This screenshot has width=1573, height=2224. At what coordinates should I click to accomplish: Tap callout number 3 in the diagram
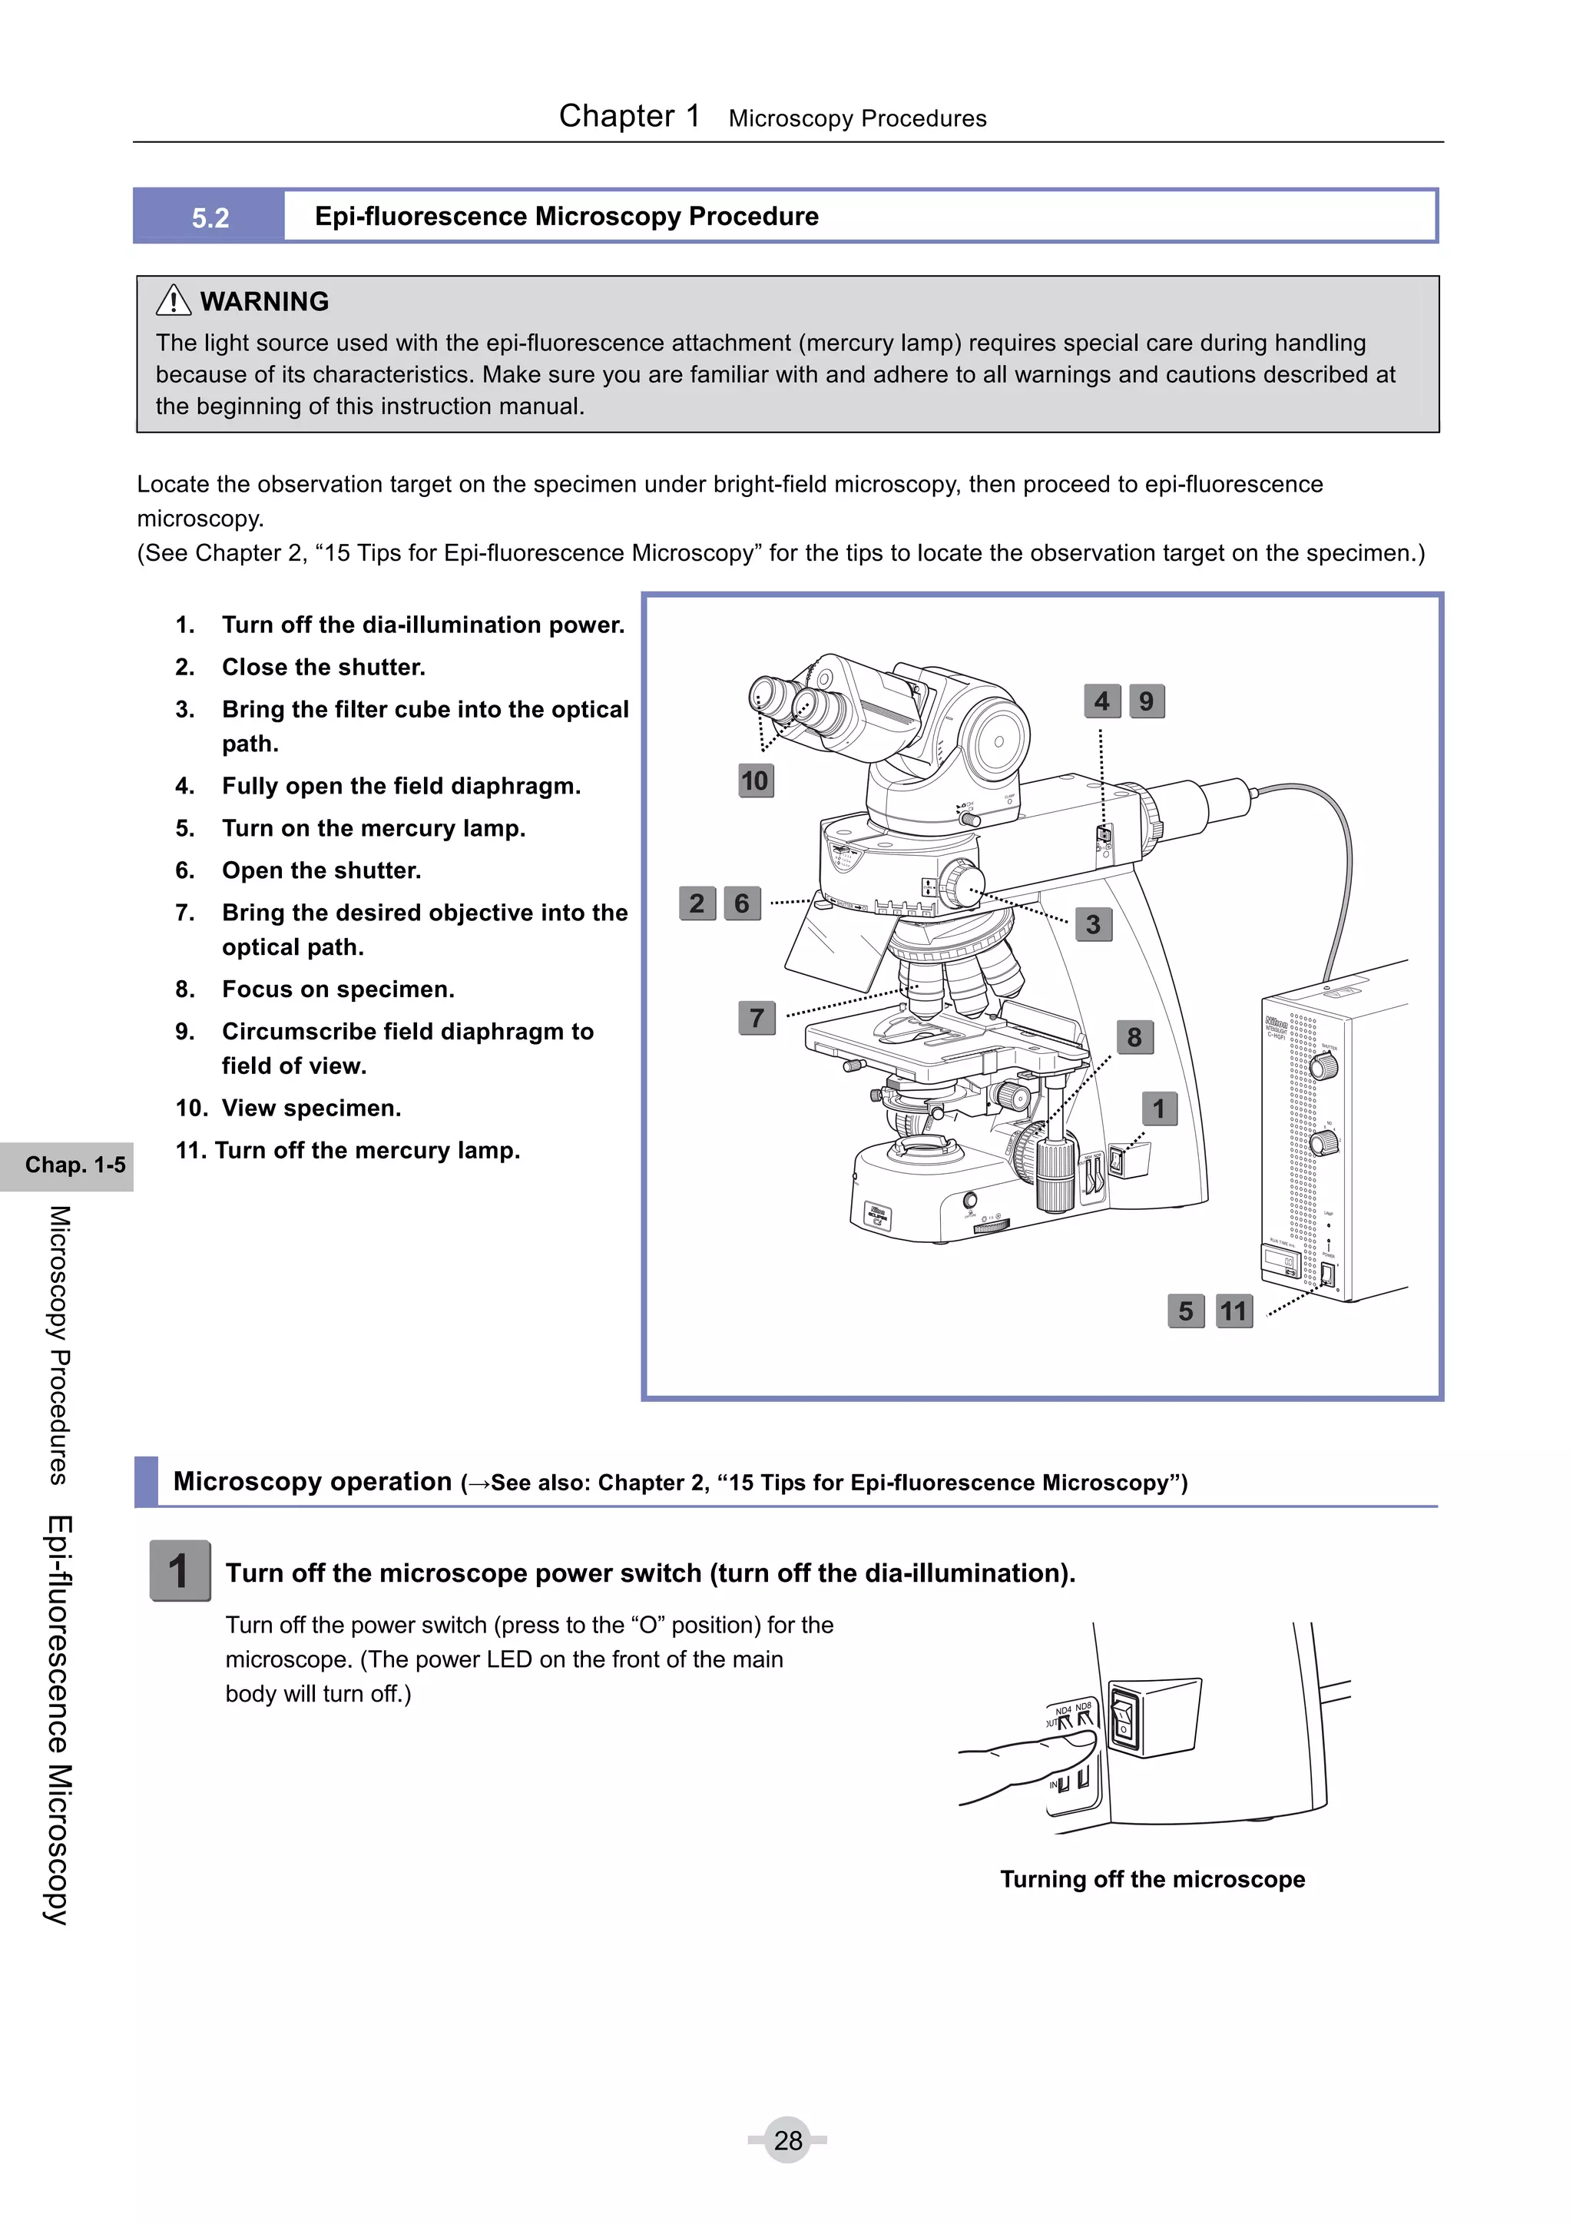coord(1093,924)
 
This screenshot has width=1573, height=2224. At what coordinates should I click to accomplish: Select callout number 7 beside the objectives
coord(757,1018)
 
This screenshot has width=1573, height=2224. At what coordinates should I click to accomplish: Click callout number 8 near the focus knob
coord(1134,1037)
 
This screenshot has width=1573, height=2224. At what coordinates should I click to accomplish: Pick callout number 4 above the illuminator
coord(1101,701)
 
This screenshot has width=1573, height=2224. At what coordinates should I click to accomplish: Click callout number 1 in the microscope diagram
coord(1158,1108)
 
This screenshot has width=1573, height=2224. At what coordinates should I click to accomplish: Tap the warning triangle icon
coord(174,300)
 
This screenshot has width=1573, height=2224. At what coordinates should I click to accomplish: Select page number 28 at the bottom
coord(787,2139)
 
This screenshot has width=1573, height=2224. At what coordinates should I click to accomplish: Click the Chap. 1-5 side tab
coord(75,1165)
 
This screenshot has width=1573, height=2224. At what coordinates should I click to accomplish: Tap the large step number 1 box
coord(179,1570)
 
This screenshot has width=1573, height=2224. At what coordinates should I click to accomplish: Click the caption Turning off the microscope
coord(1151,1879)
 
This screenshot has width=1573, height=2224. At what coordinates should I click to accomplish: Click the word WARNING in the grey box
coord(264,301)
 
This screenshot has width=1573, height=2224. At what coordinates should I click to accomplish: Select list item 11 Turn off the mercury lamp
coord(348,1150)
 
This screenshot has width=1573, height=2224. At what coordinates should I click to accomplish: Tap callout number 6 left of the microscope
coord(742,903)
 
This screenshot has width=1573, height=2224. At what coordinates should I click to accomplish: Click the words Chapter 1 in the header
coord(628,116)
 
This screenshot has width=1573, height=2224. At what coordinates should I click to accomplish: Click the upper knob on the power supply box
coord(1323,1066)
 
